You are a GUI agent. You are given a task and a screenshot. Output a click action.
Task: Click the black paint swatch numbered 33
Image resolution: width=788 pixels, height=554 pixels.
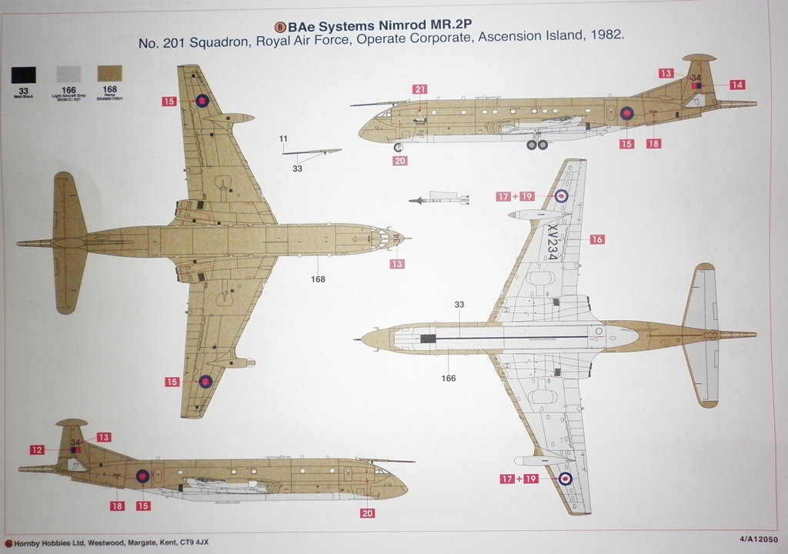tap(23, 75)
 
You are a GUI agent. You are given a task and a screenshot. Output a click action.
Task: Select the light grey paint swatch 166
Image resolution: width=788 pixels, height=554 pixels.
tap(68, 75)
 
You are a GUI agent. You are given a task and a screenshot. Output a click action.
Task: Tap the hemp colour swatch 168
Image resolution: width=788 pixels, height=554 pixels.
tap(110, 74)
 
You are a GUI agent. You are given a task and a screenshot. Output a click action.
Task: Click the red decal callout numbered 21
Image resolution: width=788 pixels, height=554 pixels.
tap(419, 89)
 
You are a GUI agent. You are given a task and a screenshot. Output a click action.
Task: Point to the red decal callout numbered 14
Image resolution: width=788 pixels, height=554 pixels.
tap(737, 85)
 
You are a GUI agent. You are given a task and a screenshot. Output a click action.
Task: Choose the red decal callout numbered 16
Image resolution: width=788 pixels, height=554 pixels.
tap(597, 240)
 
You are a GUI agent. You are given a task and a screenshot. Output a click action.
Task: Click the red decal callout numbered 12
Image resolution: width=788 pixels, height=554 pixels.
tap(37, 450)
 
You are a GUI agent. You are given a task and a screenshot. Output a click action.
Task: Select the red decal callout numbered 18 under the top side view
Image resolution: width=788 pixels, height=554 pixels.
tap(653, 143)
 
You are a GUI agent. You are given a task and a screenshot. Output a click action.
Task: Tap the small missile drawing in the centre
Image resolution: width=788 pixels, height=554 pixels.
tap(439, 200)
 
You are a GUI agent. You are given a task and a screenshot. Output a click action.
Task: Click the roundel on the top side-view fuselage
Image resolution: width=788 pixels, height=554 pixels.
tap(627, 114)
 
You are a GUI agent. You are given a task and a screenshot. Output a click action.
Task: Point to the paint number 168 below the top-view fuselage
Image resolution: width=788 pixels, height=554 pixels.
tap(317, 279)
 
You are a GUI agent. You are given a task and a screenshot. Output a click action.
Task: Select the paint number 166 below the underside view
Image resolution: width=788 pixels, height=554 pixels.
tap(449, 378)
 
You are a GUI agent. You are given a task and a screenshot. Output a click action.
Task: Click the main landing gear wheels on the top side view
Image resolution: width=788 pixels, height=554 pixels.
tap(537, 144)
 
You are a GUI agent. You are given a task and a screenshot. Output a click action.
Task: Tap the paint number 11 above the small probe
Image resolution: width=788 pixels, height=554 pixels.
tap(283, 138)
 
